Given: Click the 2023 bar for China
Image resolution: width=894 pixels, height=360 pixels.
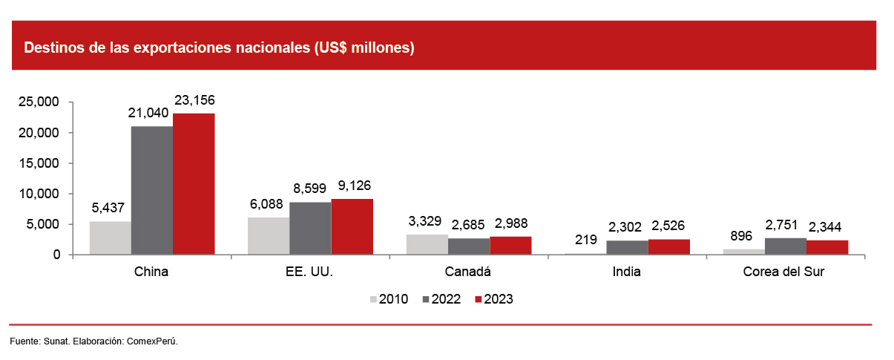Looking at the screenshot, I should point(194,184).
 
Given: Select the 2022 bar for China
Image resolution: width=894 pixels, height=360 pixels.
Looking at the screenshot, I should point(152,191).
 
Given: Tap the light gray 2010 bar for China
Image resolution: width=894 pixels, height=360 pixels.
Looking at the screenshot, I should point(111,238).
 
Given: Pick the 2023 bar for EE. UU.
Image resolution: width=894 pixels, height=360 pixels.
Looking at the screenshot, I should point(352,227).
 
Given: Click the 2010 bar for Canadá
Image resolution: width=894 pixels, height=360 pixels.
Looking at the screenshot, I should point(427,245).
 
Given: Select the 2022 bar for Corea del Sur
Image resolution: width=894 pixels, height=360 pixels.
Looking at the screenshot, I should point(786,246).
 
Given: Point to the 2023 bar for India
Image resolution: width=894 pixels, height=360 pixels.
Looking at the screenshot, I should point(668,247).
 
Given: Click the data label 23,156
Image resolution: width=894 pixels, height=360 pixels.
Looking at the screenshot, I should point(194,99).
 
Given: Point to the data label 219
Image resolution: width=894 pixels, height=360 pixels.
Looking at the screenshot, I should point(586,239).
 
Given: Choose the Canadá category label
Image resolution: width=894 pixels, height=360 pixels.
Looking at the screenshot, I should point(468,272).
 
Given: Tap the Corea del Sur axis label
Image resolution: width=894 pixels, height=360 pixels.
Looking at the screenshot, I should point(784,272).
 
